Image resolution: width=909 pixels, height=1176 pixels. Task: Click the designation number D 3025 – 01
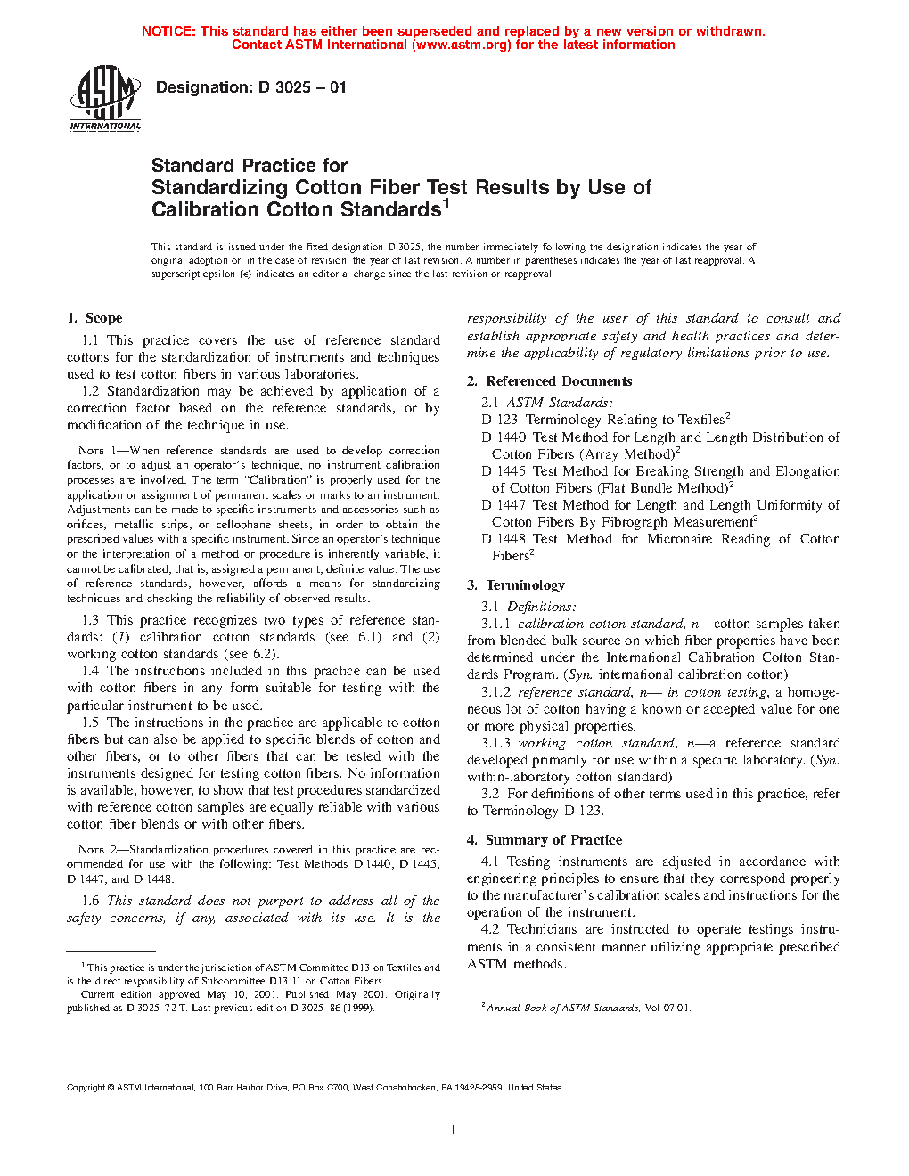(302, 87)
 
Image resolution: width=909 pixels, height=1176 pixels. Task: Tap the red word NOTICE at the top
(168, 31)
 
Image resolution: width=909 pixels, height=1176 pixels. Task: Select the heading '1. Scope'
(94, 318)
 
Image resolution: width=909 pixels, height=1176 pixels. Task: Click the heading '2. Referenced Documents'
(550, 381)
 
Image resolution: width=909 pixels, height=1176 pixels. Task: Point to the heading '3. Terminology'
(516, 585)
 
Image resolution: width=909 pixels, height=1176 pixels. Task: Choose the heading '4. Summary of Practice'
(545, 840)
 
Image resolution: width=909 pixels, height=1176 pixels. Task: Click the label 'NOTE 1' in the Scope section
(91, 451)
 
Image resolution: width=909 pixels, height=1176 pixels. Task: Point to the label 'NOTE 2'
(91, 850)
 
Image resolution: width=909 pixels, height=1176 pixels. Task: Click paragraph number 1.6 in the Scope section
(90, 901)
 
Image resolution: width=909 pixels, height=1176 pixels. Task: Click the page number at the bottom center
(454, 1131)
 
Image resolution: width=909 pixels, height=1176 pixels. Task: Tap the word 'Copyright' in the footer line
(86, 1087)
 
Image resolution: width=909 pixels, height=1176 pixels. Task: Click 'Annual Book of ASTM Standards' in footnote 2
(562, 1009)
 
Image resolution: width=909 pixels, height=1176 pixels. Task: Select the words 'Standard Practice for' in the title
(249, 166)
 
